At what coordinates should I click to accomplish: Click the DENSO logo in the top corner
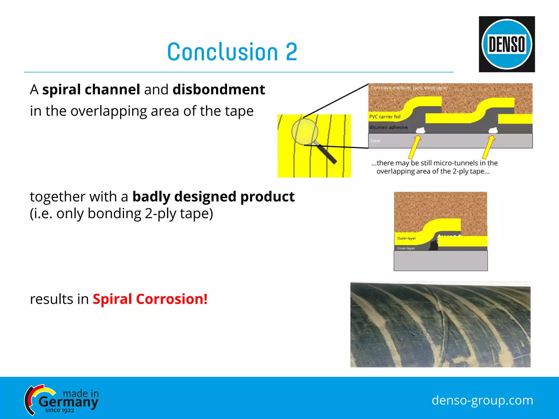point(507,44)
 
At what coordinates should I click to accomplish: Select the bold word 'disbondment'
point(219,89)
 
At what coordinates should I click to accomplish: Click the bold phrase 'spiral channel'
point(91,89)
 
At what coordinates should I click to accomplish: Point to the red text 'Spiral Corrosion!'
point(150,299)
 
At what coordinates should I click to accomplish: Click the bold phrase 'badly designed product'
point(213,196)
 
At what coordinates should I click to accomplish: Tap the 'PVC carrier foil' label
point(385,117)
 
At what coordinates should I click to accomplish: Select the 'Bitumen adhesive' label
point(388,127)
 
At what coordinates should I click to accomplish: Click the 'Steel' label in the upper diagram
point(375,141)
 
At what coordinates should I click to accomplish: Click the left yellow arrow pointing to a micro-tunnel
point(414,147)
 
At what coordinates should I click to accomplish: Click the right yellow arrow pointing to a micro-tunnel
point(488,147)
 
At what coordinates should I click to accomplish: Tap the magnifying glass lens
point(305,131)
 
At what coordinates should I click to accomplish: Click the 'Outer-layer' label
point(406,238)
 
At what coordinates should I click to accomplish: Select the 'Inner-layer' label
point(406,248)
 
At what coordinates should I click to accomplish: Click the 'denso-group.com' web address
point(482,400)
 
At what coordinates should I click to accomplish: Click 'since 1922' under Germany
point(60,410)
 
